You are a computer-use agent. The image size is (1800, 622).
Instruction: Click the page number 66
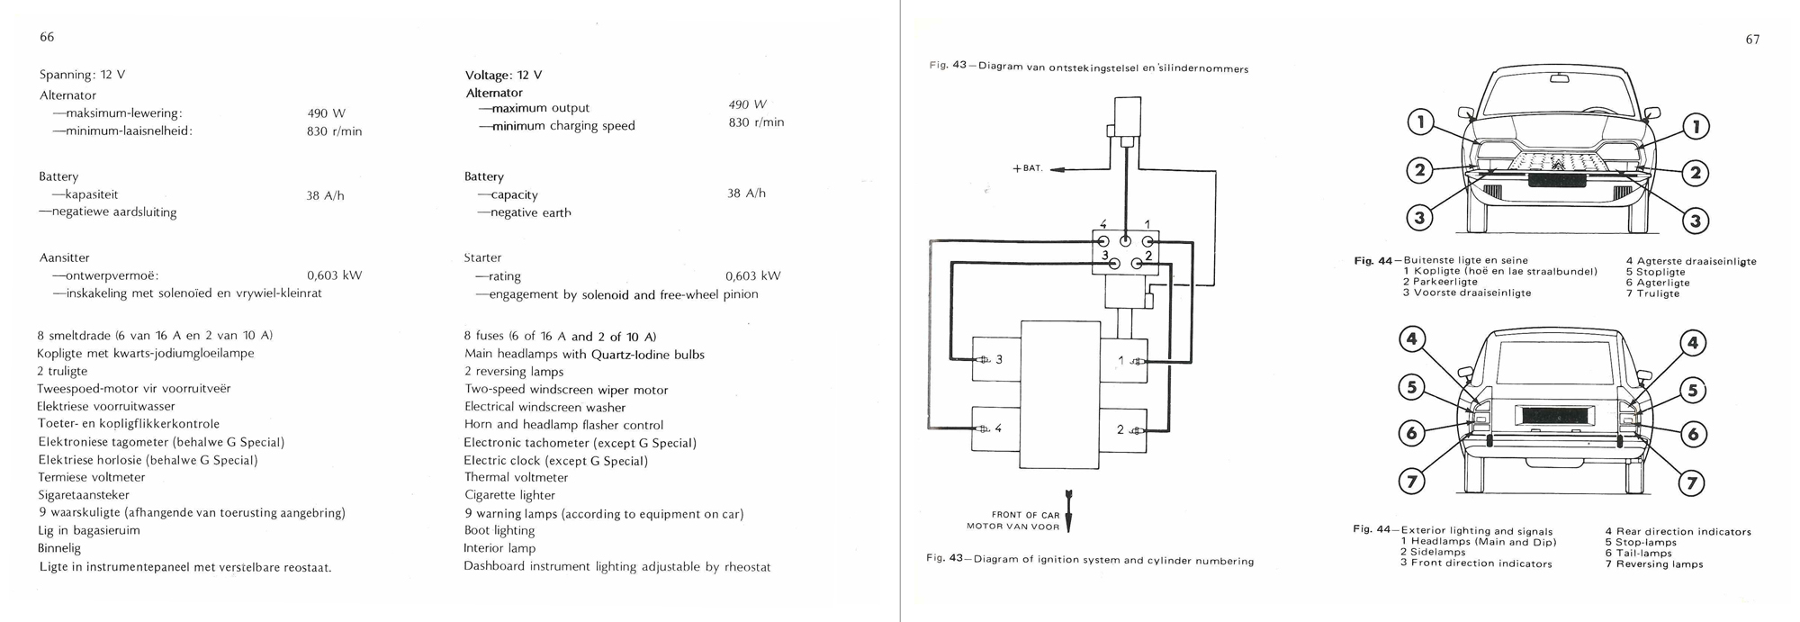point(47,37)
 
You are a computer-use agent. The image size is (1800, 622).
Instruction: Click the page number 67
point(1752,40)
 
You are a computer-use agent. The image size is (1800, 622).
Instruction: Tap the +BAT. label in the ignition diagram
point(1028,168)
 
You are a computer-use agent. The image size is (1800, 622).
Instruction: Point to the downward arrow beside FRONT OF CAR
point(1069,510)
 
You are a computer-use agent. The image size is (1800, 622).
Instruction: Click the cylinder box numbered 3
point(996,360)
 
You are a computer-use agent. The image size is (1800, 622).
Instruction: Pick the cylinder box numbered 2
point(1124,429)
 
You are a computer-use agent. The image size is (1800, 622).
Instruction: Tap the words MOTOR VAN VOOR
point(1012,526)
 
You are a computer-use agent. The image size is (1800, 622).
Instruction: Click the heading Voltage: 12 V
point(503,76)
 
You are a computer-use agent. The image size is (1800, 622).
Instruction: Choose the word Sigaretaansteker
point(84,495)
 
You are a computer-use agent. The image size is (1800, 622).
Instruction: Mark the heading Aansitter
point(64,257)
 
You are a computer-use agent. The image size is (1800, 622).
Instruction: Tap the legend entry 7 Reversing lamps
point(1653,564)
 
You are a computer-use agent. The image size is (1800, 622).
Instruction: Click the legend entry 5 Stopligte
point(1655,272)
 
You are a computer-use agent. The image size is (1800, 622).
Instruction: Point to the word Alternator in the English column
point(494,93)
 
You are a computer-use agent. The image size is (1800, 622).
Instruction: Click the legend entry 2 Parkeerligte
point(1440,282)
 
